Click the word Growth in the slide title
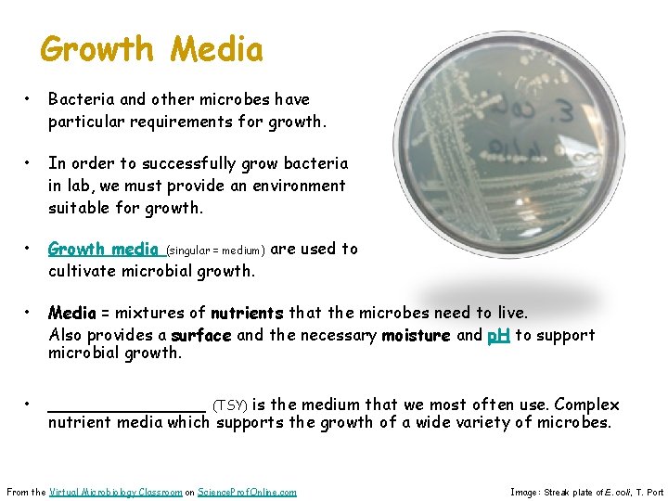pos(97,48)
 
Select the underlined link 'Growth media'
pos(103,249)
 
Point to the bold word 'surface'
pos(201,335)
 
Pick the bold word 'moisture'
pos(417,335)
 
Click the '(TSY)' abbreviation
pos(230,405)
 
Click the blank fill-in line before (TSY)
pos(126,405)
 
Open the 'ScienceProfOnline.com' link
pos(248,492)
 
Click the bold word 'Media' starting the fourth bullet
pos(69,313)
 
